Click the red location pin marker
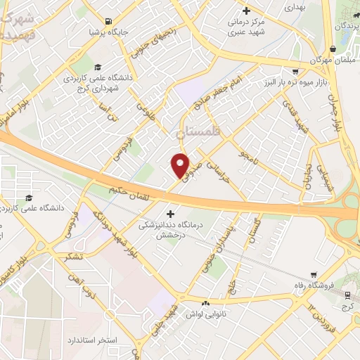point(181,165)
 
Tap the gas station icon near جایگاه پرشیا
point(107,21)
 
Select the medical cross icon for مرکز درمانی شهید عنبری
point(245,11)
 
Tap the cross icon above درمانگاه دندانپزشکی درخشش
point(169,212)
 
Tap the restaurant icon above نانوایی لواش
point(205,303)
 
